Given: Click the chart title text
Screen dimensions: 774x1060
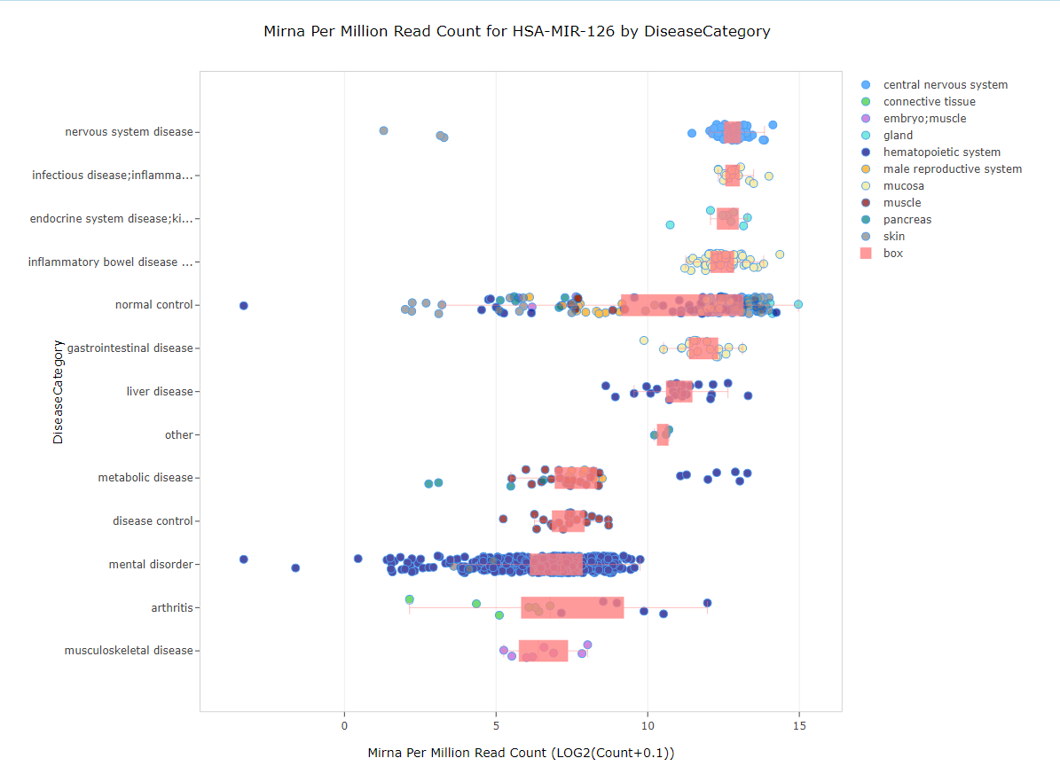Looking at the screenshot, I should click(517, 31).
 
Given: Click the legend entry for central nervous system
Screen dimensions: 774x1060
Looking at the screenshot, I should click(945, 85).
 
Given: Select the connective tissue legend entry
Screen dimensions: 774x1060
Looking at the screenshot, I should click(929, 102).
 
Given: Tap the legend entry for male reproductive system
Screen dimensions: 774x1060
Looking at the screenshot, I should click(952, 169).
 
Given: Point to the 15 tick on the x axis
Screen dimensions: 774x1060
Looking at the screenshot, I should click(799, 726).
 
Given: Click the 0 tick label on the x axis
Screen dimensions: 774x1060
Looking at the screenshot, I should click(344, 726).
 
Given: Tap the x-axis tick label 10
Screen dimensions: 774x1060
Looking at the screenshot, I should click(648, 726).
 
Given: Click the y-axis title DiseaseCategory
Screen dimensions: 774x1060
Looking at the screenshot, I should click(58, 391).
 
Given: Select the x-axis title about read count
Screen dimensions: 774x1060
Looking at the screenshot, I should click(521, 754).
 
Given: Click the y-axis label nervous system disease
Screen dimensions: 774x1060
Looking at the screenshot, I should click(129, 132).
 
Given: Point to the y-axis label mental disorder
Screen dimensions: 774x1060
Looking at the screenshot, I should click(150, 565).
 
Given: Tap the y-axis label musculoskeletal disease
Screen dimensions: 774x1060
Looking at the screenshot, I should click(128, 651).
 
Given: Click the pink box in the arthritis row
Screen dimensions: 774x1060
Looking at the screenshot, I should click(572, 607).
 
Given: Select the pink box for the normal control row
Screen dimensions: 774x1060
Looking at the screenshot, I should click(682, 305).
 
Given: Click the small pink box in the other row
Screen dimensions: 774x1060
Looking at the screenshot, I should click(663, 434).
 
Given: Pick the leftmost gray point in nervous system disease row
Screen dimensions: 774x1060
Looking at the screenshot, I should click(383, 130).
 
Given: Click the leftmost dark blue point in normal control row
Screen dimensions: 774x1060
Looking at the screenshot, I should click(243, 306).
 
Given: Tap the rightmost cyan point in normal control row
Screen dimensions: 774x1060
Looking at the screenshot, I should click(798, 304).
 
